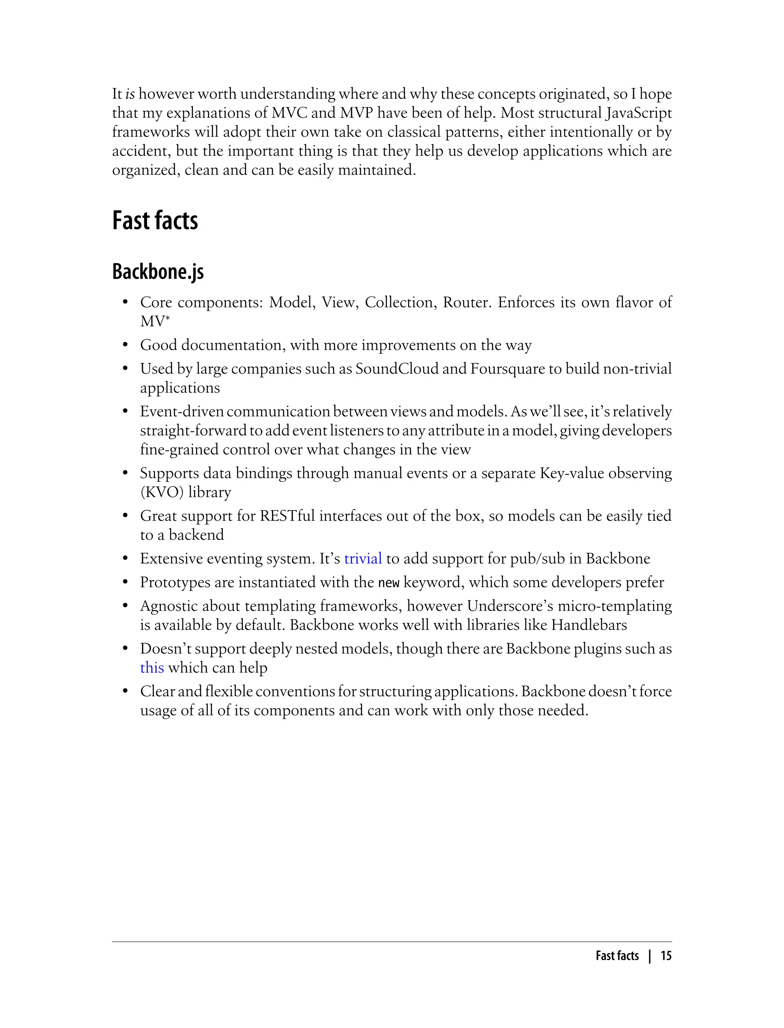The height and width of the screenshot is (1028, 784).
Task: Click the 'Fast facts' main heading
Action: tap(155, 221)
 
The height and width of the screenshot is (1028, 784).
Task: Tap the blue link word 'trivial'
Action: tap(363, 558)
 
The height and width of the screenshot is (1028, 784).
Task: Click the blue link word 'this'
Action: tap(152, 668)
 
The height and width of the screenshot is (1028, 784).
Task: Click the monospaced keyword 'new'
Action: tap(388, 583)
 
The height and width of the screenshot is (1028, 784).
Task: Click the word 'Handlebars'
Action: tap(589, 625)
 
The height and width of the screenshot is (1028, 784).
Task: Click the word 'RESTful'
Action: tap(287, 516)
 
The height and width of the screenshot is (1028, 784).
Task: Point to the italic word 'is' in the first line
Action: tap(130, 94)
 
